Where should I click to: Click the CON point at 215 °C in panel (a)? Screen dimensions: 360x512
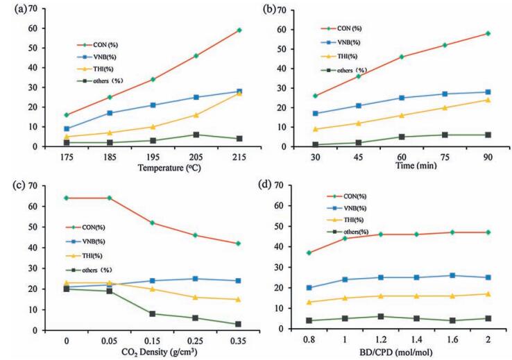tap(239, 30)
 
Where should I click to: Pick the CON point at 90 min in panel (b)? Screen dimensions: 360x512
tap(488, 33)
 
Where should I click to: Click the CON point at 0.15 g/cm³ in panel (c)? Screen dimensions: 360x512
tap(151, 223)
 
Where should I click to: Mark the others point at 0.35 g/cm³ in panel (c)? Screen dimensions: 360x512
tap(238, 324)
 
